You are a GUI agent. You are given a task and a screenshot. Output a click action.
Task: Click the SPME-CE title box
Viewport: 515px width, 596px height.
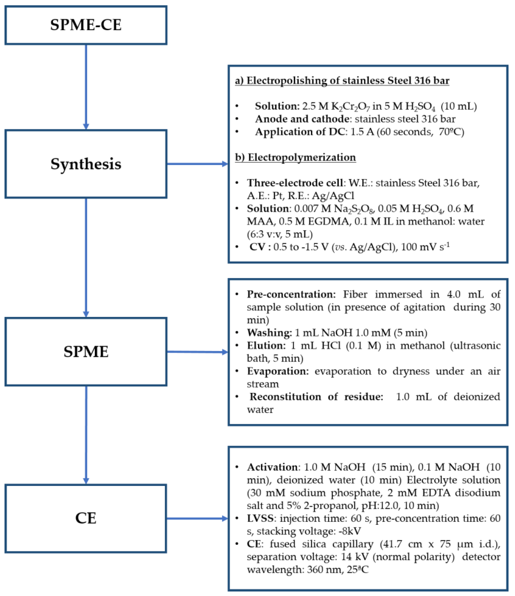tap(86, 25)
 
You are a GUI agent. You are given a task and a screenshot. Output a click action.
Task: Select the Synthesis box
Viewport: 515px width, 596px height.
tap(86, 164)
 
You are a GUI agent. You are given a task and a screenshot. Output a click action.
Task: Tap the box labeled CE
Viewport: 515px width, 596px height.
tap(86, 518)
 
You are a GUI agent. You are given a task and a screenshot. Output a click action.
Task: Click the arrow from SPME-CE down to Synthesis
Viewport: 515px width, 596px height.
tap(86, 86)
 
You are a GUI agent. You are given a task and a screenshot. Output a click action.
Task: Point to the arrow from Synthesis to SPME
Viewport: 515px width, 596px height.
tap(86, 257)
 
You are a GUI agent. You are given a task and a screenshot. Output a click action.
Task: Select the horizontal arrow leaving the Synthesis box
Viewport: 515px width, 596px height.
tap(197, 164)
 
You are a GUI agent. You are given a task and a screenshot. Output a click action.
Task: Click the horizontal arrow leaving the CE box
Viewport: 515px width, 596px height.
tap(197, 518)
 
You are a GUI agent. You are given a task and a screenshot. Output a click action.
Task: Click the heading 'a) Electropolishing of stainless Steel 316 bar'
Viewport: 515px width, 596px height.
tap(342, 81)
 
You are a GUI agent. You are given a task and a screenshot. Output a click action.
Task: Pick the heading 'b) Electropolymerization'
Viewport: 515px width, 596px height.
tap(296, 157)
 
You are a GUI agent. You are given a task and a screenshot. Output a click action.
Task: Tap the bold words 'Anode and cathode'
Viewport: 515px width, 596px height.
tap(302, 119)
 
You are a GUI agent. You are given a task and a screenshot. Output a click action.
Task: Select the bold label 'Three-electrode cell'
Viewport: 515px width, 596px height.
tap(295, 183)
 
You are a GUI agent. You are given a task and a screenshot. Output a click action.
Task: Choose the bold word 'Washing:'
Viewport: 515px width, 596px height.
tap(269, 333)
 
